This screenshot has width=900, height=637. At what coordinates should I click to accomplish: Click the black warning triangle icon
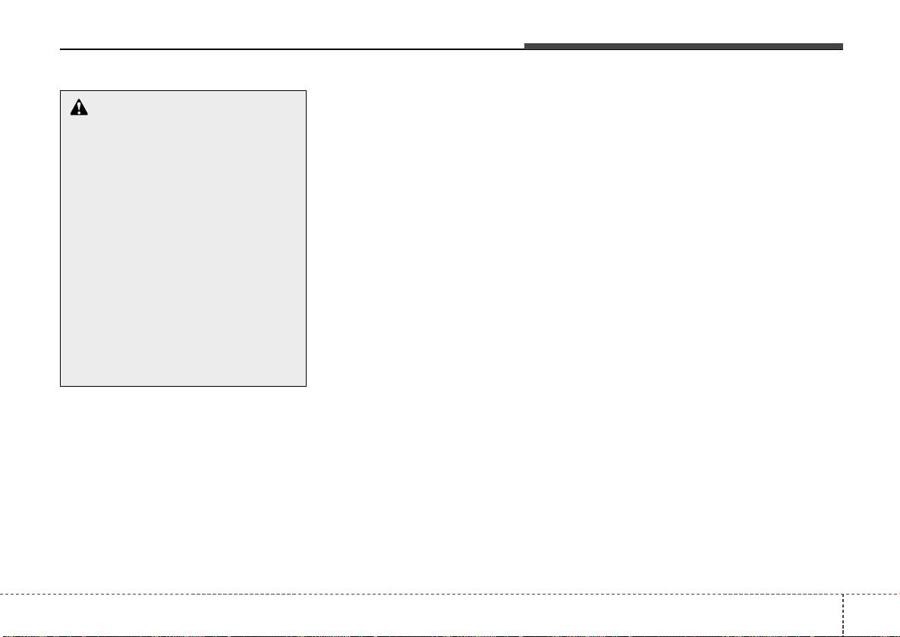79,108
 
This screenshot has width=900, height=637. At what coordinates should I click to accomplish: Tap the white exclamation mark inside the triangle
79,109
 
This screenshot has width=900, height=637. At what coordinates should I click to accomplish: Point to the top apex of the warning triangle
79,99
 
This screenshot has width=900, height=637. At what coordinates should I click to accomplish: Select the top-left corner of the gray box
61,91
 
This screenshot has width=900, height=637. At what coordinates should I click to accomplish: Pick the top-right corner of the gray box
306,91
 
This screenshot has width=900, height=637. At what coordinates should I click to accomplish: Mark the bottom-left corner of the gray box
61,387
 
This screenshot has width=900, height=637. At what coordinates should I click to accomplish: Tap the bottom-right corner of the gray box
306,387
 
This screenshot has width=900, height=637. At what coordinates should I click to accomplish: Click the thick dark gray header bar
683,47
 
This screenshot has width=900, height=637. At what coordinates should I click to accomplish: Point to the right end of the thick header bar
842,47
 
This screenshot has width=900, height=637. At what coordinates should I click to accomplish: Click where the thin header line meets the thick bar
524,49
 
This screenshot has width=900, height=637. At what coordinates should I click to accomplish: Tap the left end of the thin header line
61,50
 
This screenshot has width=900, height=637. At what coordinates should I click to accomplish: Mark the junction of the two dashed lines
843,592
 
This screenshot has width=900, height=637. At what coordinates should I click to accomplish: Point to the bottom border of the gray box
183,387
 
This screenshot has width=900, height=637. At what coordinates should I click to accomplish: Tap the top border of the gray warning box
183,91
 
